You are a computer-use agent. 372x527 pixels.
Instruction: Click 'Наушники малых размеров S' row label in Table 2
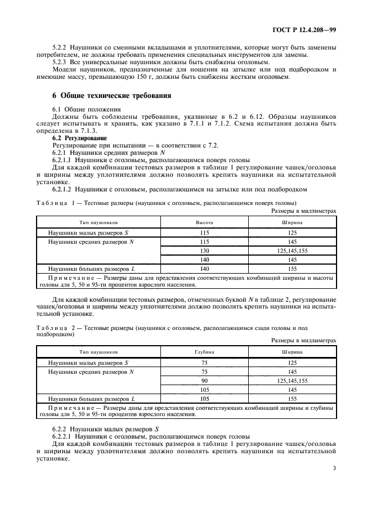[x=88, y=362]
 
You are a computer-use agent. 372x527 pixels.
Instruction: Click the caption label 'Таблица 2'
[x=55, y=326]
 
